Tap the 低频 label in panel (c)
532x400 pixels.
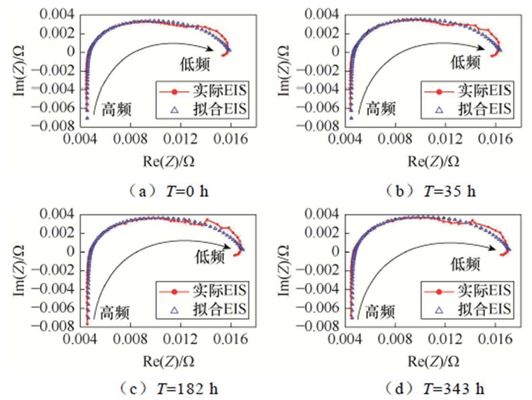point(210,257)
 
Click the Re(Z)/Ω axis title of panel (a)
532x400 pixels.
point(168,161)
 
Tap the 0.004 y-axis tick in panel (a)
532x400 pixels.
point(56,15)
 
